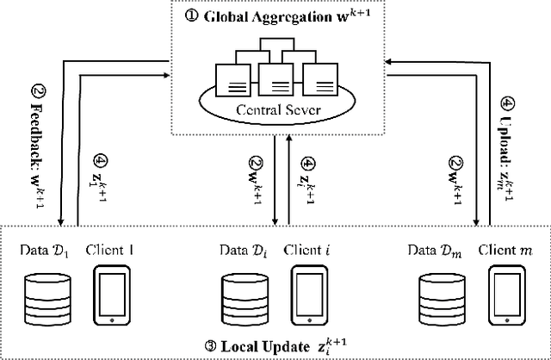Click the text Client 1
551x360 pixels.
(x=113, y=250)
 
